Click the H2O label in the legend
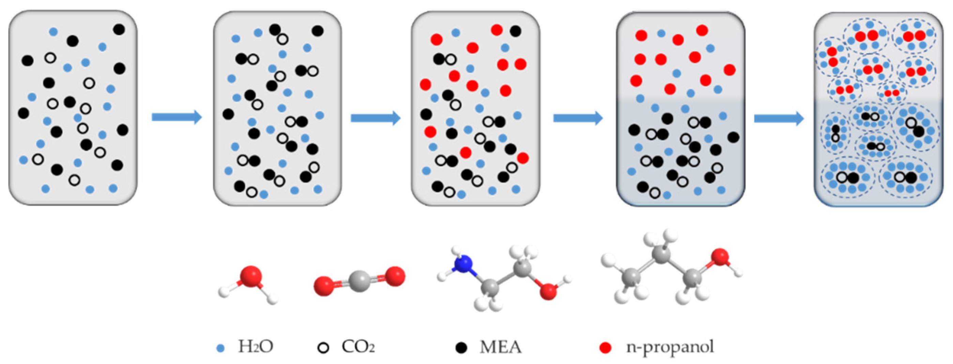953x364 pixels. [x=256, y=347]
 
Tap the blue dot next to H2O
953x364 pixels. [x=221, y=348]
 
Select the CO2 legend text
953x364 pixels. [x=358, y=347]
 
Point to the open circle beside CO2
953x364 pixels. [x=323, y=348]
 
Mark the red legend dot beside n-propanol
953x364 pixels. [x=605, y=348]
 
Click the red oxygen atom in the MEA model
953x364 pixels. [x=548, y=291]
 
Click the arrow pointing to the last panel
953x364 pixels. [x=779, y=119]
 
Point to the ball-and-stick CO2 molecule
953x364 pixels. [x=359, y=281]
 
